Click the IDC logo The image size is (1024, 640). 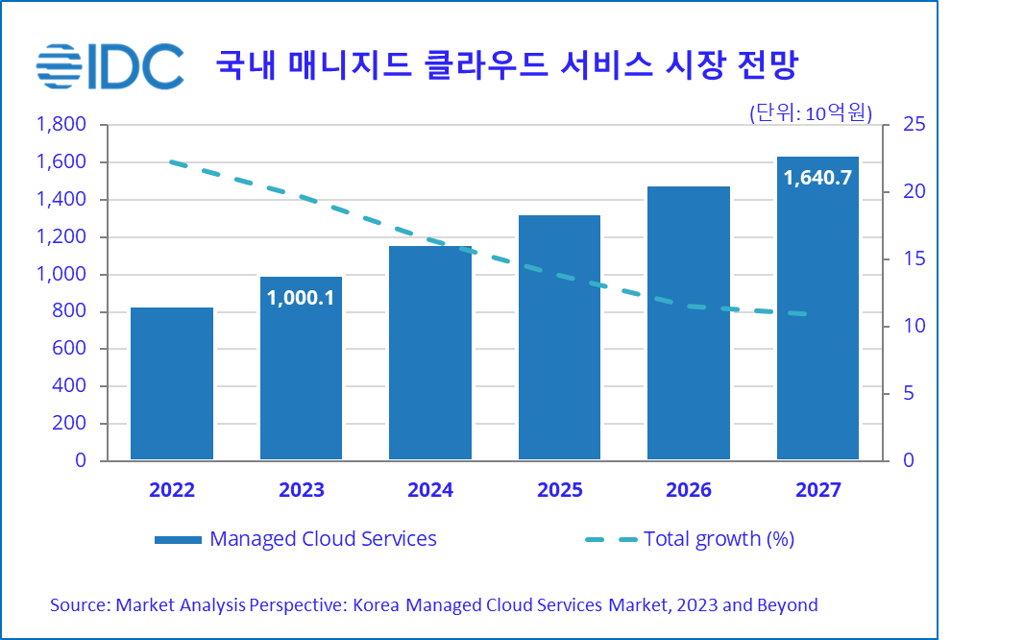[110, 65]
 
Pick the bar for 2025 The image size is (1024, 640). [560, 336]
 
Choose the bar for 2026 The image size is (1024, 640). [689, 322]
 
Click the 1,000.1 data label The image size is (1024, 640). [302, 298]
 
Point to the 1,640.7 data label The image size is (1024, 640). [817, 177]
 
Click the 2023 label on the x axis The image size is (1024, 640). [302, 490]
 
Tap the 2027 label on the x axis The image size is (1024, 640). [818, 490]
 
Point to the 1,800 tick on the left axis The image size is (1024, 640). [61, 125]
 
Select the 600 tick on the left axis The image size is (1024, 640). [68, 349]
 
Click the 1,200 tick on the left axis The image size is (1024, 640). [61, 236]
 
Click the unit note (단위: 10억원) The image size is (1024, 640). [811, 113]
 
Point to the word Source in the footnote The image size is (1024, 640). [79, 605]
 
